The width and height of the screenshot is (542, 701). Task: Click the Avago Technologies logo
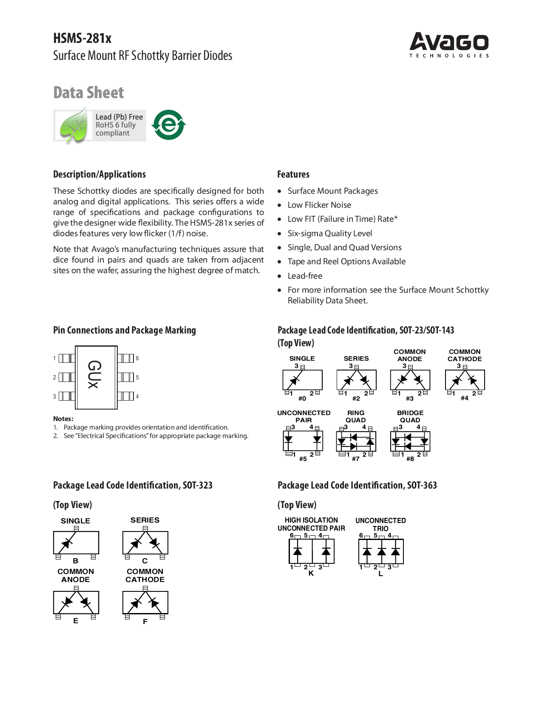[x=449, y=44]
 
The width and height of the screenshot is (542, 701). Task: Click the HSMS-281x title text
[x=82, y=38]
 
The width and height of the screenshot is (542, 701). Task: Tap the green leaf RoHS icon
[x=74, y=125]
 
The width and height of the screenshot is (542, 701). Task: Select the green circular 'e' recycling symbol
[x=169, y=125]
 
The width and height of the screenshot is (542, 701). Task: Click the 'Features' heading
[x=293, y=174]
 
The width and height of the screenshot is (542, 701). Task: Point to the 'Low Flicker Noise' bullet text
[x=319, y=205]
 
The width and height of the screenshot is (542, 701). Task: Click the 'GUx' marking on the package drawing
[x=95, y=374]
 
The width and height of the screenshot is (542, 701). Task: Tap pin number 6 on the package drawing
[x=137, y=358]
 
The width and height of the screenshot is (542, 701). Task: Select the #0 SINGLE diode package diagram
[x=302, y=380]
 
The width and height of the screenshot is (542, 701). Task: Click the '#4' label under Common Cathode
[x=464, y=398]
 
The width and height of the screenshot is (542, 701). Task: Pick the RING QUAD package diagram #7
[x=356, y=441]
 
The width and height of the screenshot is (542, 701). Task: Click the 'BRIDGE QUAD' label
[x=410, y=416]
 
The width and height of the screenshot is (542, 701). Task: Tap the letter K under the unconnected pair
[x=311, y=573]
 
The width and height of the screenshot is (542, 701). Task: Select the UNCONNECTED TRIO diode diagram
[x=381, y=551]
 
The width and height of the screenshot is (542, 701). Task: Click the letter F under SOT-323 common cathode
[x=145, y=622]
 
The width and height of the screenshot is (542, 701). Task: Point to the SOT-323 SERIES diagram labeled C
[x=145, y=543]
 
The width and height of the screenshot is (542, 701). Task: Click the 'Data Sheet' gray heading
[x=88, y=93]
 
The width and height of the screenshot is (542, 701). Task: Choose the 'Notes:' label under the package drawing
[x=63, y=418]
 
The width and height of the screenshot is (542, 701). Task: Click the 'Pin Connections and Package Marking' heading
[x=124, y=330]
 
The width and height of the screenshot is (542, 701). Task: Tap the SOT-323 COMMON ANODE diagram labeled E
[x=76, y=602]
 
